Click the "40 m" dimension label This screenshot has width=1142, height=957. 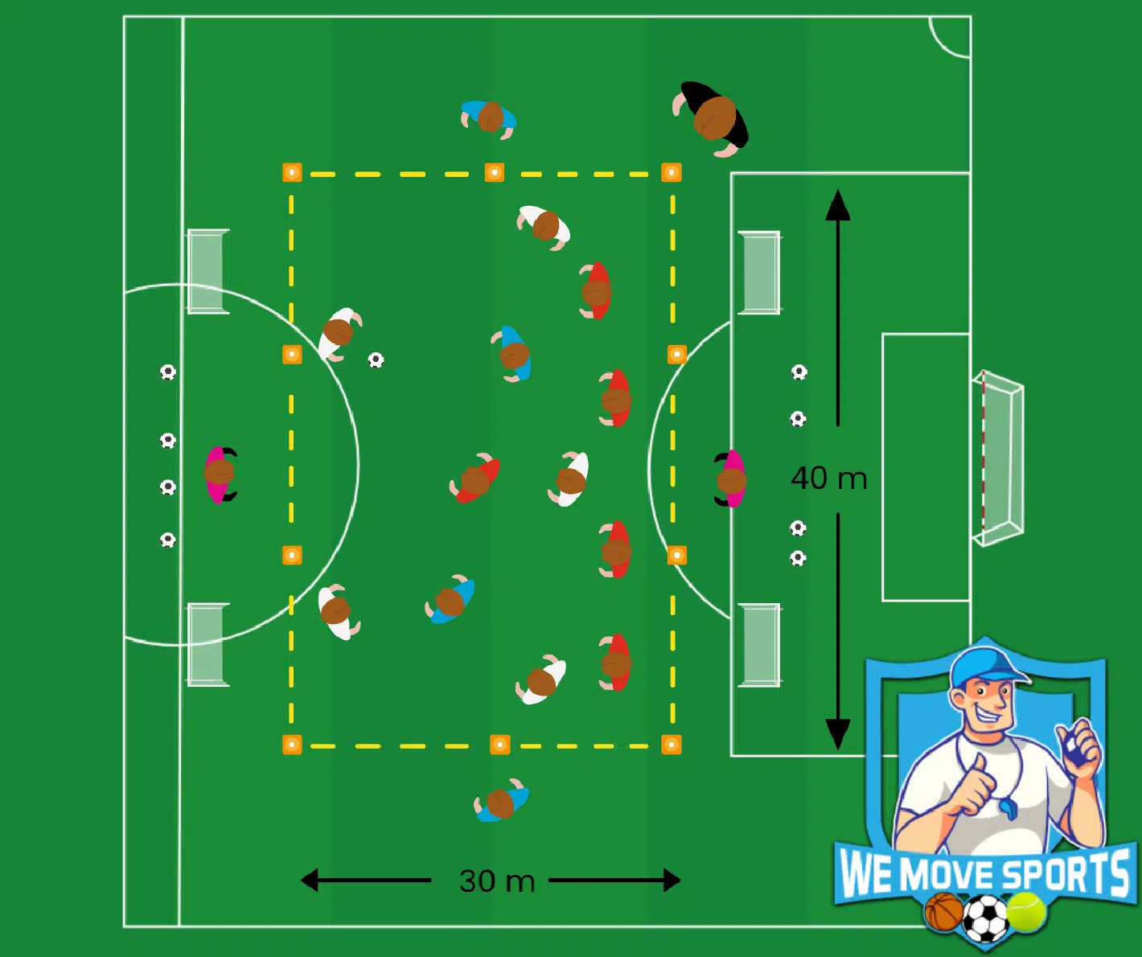pos(829,478)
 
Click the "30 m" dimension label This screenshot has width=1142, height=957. pos(497,881)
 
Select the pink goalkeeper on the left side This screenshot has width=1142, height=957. pos(220,474)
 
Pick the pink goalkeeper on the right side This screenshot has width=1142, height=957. pos(730,479)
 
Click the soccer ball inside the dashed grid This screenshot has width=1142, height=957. pos(376,360)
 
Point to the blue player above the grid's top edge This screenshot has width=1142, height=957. pos(488,118)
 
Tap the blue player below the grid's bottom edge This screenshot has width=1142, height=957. pos(502,802)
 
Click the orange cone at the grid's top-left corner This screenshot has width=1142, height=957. pos(292,172)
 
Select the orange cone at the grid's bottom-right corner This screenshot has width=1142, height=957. pos(672,744)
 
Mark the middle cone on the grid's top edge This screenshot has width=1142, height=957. pos(495,172)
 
